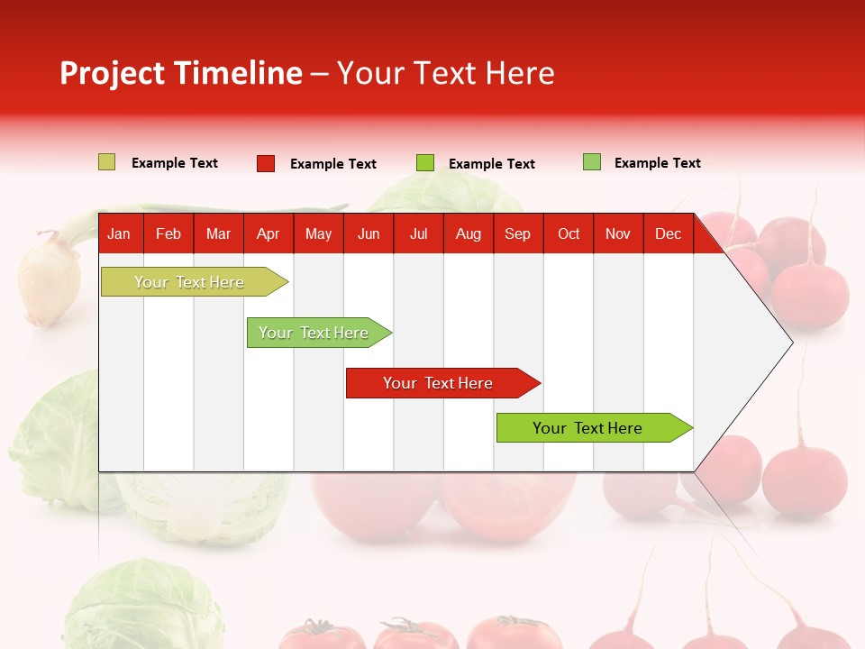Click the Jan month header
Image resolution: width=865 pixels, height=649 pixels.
tap(119, 233)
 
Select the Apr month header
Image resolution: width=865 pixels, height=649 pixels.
tap(268, 233)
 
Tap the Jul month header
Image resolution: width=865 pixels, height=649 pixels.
tap(418, 233)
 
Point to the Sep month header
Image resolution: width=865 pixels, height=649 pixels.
tap(517, 233)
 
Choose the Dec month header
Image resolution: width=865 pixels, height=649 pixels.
tap(668, 233)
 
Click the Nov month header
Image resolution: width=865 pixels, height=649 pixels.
tap(617, 233)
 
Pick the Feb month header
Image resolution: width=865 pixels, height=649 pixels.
tap(168, 233)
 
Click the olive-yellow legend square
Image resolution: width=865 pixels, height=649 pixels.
tap(107, 162)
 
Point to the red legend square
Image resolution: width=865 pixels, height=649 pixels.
tap(266, 163)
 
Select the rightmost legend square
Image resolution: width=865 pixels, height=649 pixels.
tap(592, 162)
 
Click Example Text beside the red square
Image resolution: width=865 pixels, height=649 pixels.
tap(332, 164)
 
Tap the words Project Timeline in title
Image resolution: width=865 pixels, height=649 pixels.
tap(180, 73)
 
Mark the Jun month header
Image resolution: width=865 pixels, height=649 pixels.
tap(369, 233)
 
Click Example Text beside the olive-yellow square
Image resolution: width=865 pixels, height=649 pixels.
tap(174, 163)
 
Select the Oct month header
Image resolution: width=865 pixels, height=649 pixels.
tap(568, 233)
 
